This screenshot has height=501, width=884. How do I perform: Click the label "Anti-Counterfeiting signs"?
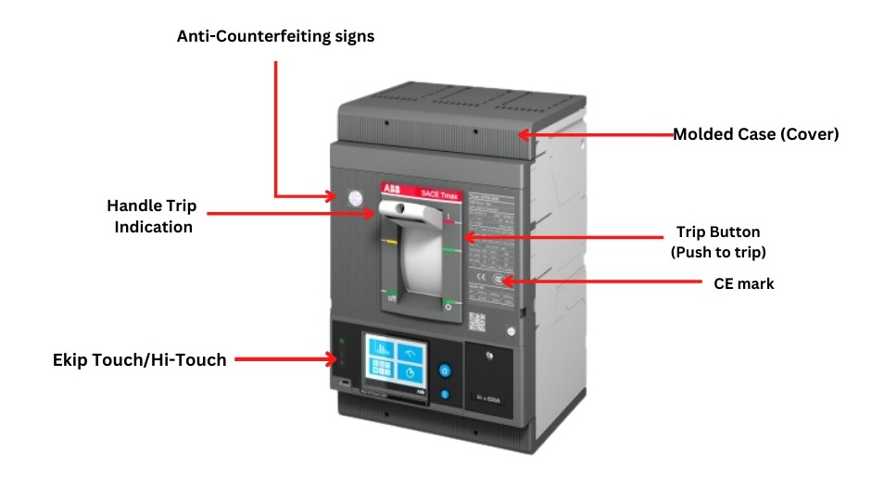pos(275,37)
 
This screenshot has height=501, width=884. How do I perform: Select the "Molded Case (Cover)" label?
pos(755,134)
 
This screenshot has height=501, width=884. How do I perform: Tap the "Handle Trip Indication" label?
pos(153,215)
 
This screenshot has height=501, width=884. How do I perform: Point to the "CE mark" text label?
pos(743,283)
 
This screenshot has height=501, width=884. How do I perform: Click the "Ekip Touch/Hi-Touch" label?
pos(139,359)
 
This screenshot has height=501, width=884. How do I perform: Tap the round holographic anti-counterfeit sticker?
pos(354,196)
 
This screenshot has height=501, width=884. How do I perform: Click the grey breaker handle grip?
pos(408,212)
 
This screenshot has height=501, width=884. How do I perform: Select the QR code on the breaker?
pos(477,321)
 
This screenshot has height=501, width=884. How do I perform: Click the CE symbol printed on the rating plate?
pos(479,276)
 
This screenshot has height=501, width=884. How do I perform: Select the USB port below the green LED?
pos(345,382)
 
